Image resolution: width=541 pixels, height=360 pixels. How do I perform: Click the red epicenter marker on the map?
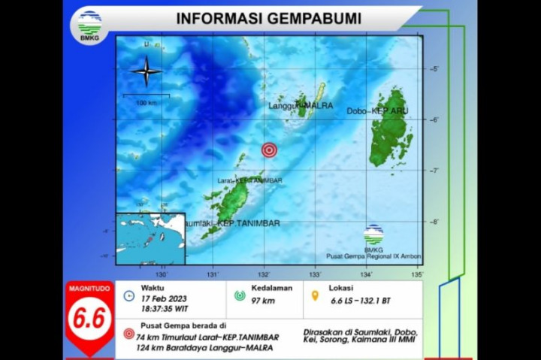tap(268, 150)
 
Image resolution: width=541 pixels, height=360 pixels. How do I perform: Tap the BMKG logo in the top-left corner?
tap(89, 25)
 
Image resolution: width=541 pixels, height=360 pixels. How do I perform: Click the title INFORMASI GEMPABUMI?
tap(267, 17)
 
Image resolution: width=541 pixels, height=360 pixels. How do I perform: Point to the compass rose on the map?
tap(147, 72)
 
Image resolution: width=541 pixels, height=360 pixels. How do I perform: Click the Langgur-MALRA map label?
tap(301, 106)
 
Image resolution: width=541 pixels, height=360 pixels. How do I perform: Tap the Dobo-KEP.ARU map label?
tap(370, 111)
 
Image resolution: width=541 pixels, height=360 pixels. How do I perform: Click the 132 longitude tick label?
tap(264, 274)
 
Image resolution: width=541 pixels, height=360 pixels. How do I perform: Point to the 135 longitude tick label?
tap(417, 274)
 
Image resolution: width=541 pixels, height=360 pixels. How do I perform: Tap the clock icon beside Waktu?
tap(128, 295)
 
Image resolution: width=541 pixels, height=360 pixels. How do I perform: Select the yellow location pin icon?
tap(316, 295)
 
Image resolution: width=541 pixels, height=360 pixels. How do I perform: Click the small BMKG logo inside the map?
tap(373, 234)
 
